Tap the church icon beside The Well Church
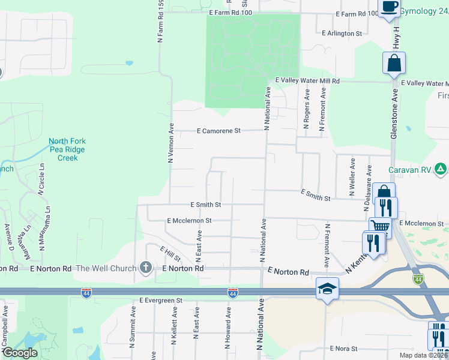(x=145, y=268)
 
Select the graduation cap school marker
(x=327, y=289)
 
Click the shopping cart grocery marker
(x=379, y=226)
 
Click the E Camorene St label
(x=219, y=130)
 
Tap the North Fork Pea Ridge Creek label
(x=67, y=149)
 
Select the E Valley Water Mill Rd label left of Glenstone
(x=307, y=80)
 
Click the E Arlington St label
(x=342, y=34)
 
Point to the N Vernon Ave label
(x=171, y=143)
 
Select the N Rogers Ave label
(x=306, y=109)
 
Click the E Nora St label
(x=343, y=348)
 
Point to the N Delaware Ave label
(x=366, y=193)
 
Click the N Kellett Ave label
(x=173, y=327)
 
